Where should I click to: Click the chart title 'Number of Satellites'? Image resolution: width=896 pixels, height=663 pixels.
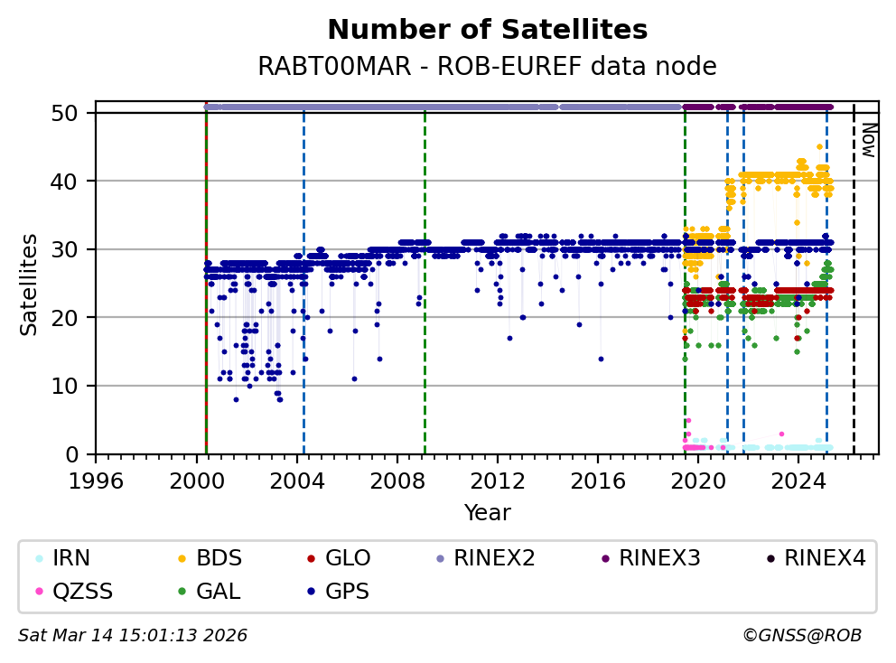(x=487, y=31)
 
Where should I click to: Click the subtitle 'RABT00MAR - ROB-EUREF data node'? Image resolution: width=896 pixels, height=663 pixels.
(x=487, y=67)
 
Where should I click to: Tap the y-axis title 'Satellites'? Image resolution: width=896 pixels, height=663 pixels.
(x=30, y=284)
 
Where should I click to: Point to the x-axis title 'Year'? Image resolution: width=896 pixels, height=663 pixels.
(x=487, y=513)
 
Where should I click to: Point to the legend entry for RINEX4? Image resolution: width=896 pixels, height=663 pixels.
(x=824, y=558)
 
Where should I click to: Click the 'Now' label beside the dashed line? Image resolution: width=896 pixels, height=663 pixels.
(x=867, y=140)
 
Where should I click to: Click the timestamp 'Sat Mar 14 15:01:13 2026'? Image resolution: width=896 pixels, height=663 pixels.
(x=133, y=636)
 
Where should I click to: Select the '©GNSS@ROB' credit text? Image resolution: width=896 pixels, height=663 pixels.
(x=802, y=636)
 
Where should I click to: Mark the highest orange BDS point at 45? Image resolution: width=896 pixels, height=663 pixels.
(x=819, y=146)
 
